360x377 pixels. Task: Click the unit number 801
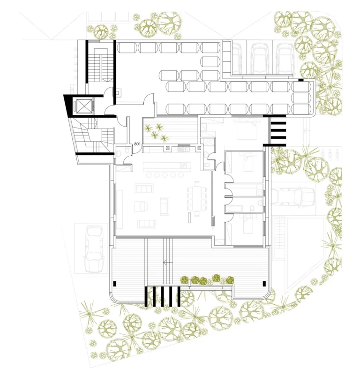click(138, 144)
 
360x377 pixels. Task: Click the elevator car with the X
click(85, 106)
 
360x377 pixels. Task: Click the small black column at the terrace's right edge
click(263, 282)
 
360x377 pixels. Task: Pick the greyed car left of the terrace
click(95, 249)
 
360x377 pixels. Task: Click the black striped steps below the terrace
click(162, 296)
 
